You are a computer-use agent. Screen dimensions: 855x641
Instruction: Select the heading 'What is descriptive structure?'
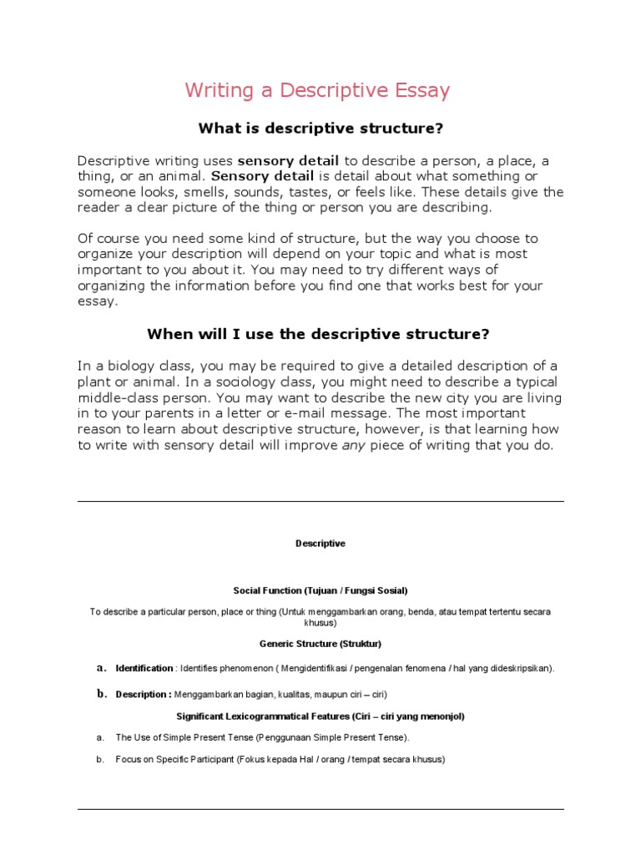click(x=320, y=129)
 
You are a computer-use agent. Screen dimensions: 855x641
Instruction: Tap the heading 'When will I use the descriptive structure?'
click(x=318, y=334)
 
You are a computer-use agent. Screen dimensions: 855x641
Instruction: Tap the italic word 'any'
click(x=354, y=445)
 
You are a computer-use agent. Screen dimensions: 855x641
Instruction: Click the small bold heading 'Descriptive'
click(x=320, y=544)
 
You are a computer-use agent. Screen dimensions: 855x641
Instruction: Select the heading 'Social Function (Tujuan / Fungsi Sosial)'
click(x=320, y=590)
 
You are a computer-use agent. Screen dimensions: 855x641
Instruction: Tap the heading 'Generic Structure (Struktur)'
click(x=320, y=645)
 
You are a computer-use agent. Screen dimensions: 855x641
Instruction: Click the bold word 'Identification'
click(x=144, y=668)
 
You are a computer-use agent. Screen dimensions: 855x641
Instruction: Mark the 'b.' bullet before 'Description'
click(x=102, y=693)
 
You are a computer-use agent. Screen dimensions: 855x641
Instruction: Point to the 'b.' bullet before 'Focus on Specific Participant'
click(x=100, y=760)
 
